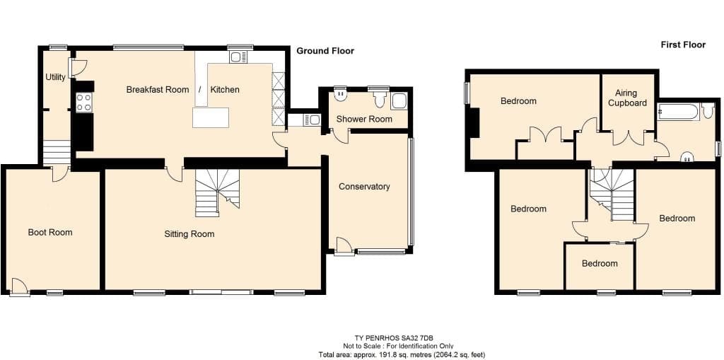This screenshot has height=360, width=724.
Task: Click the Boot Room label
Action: [x=50, y=233]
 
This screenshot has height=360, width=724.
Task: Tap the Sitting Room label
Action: [x=189, y=234]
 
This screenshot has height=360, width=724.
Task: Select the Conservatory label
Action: [x=364, y=187]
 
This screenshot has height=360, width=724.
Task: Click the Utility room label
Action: [x=55, y=77]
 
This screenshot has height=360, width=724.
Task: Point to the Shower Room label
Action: [x=364, y=120]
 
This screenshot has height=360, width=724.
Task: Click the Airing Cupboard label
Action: [x=627, y=98]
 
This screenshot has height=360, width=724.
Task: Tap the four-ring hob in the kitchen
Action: [x=83, y=102]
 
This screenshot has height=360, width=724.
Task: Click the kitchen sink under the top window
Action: [x=238, y=57]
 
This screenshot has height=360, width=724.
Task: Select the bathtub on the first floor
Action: [x=678, y=112]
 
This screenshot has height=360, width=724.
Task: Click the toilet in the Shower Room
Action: [x=380, y=99]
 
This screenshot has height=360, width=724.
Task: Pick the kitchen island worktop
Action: [x=211, y=117]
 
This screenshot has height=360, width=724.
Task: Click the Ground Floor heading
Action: [x=325, y=51]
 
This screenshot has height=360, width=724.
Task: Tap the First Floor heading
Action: [x=684, y=45]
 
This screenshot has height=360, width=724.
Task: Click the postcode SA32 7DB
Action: [x=392, y=338]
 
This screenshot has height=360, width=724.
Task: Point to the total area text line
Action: [x=402, y=355]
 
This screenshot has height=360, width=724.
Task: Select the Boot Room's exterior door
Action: [x=19, y=286]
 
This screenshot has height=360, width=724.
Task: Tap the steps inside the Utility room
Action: [x=57, y=151]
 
